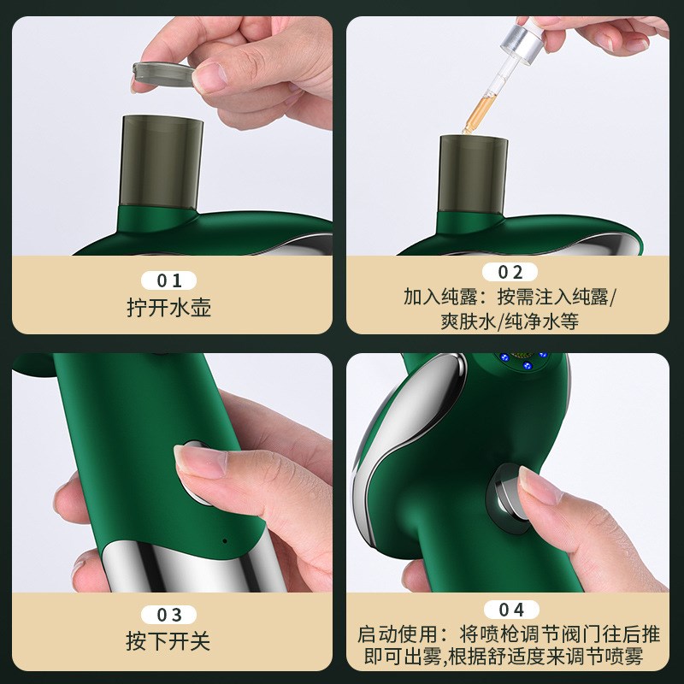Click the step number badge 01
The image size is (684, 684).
pos(168,280)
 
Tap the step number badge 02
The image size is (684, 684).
pos(510,273)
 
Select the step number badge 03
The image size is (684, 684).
pos(168,615)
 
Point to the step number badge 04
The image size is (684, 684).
pos(510,610)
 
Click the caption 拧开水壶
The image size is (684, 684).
pos(168,308)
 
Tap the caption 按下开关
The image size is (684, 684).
pos(168,641)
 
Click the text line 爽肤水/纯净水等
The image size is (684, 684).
pos(510,321)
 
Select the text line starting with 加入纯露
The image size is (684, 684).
pos(510,298)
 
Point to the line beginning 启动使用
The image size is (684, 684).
pos(510,634)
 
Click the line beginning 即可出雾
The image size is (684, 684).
pos(510,657)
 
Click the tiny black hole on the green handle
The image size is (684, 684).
pos(225,540)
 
